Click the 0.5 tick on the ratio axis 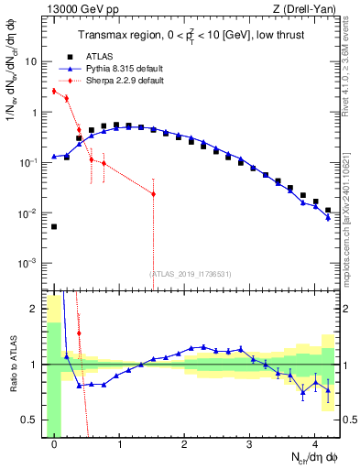click(x=33, y=420)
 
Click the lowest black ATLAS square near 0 click(x=54, y=226)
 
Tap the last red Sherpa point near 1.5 click(x=153, y=194)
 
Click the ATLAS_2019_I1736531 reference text click(x=185, y=273)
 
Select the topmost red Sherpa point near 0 click(x=54, y=91)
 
